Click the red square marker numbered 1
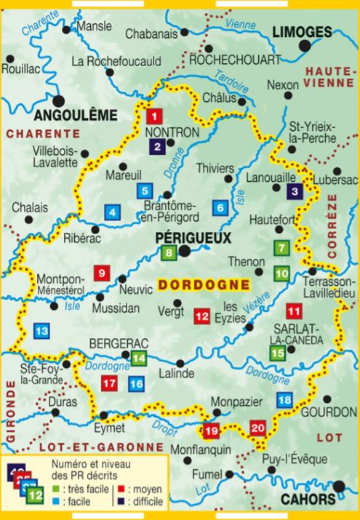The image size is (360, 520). [153, 115]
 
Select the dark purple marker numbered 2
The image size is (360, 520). [157, 146]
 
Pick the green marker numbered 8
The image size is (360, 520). [169, 253]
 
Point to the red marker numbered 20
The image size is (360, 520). [258, 428]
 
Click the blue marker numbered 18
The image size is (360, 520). [285, 399]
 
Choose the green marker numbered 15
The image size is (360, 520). [277, 353]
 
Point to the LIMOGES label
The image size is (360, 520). [301, 31]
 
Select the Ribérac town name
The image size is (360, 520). [80, 237]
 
